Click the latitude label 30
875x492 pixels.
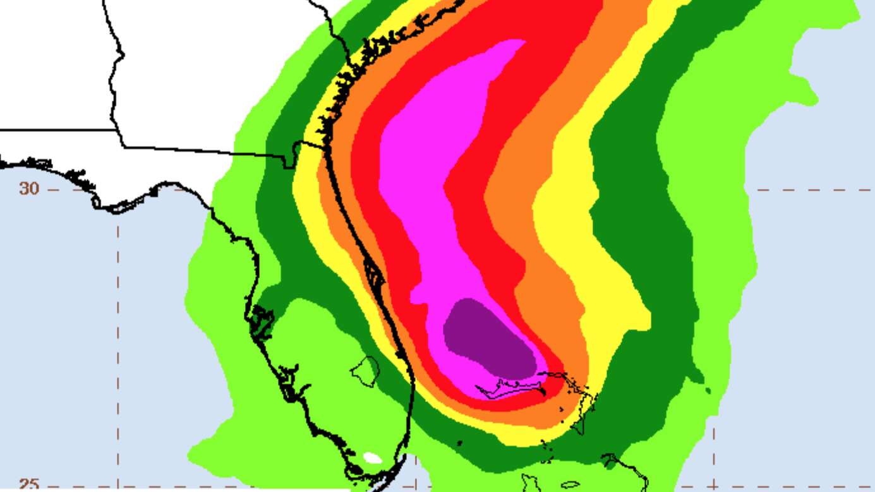coord(27,188)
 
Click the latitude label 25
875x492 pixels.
coord(27,484)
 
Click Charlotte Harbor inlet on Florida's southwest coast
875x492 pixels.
coord(289,381)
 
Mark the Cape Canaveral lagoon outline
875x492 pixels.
coord(373,275)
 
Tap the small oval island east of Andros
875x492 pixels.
coord(570,485)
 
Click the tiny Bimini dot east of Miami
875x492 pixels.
coord(459,443)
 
